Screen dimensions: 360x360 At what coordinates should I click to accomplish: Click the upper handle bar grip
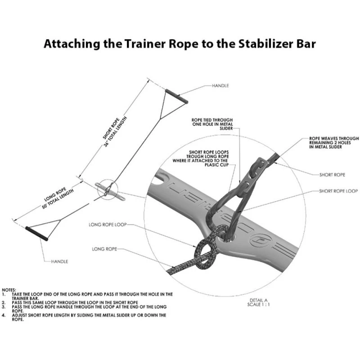pos(176,96)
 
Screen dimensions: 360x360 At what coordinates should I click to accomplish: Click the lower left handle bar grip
pos(37,234)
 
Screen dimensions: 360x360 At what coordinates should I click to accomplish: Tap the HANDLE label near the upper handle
pos(220,85)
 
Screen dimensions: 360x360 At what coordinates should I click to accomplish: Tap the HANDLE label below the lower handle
pos(60,261)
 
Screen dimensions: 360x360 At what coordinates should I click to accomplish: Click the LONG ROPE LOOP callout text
pos(108,225)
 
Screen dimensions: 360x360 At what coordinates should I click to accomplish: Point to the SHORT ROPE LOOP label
pos(338,191)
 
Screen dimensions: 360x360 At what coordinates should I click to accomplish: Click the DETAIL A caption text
pos(258,302)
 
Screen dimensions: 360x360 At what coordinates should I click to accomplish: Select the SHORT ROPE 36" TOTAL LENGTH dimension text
pos(115,131)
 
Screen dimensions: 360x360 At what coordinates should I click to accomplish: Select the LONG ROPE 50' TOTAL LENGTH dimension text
pos(58,198)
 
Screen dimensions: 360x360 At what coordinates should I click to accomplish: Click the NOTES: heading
pos(9,290)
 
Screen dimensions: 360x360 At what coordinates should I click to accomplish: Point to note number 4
pos(4,315)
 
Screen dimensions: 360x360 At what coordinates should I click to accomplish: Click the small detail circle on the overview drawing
pos(108,189)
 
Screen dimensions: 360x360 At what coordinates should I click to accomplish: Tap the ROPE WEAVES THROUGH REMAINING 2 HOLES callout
pos(334,143)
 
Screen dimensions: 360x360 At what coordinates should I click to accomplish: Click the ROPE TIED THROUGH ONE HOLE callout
pos(212,124)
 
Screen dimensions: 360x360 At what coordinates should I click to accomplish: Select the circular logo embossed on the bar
pos(261,241)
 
